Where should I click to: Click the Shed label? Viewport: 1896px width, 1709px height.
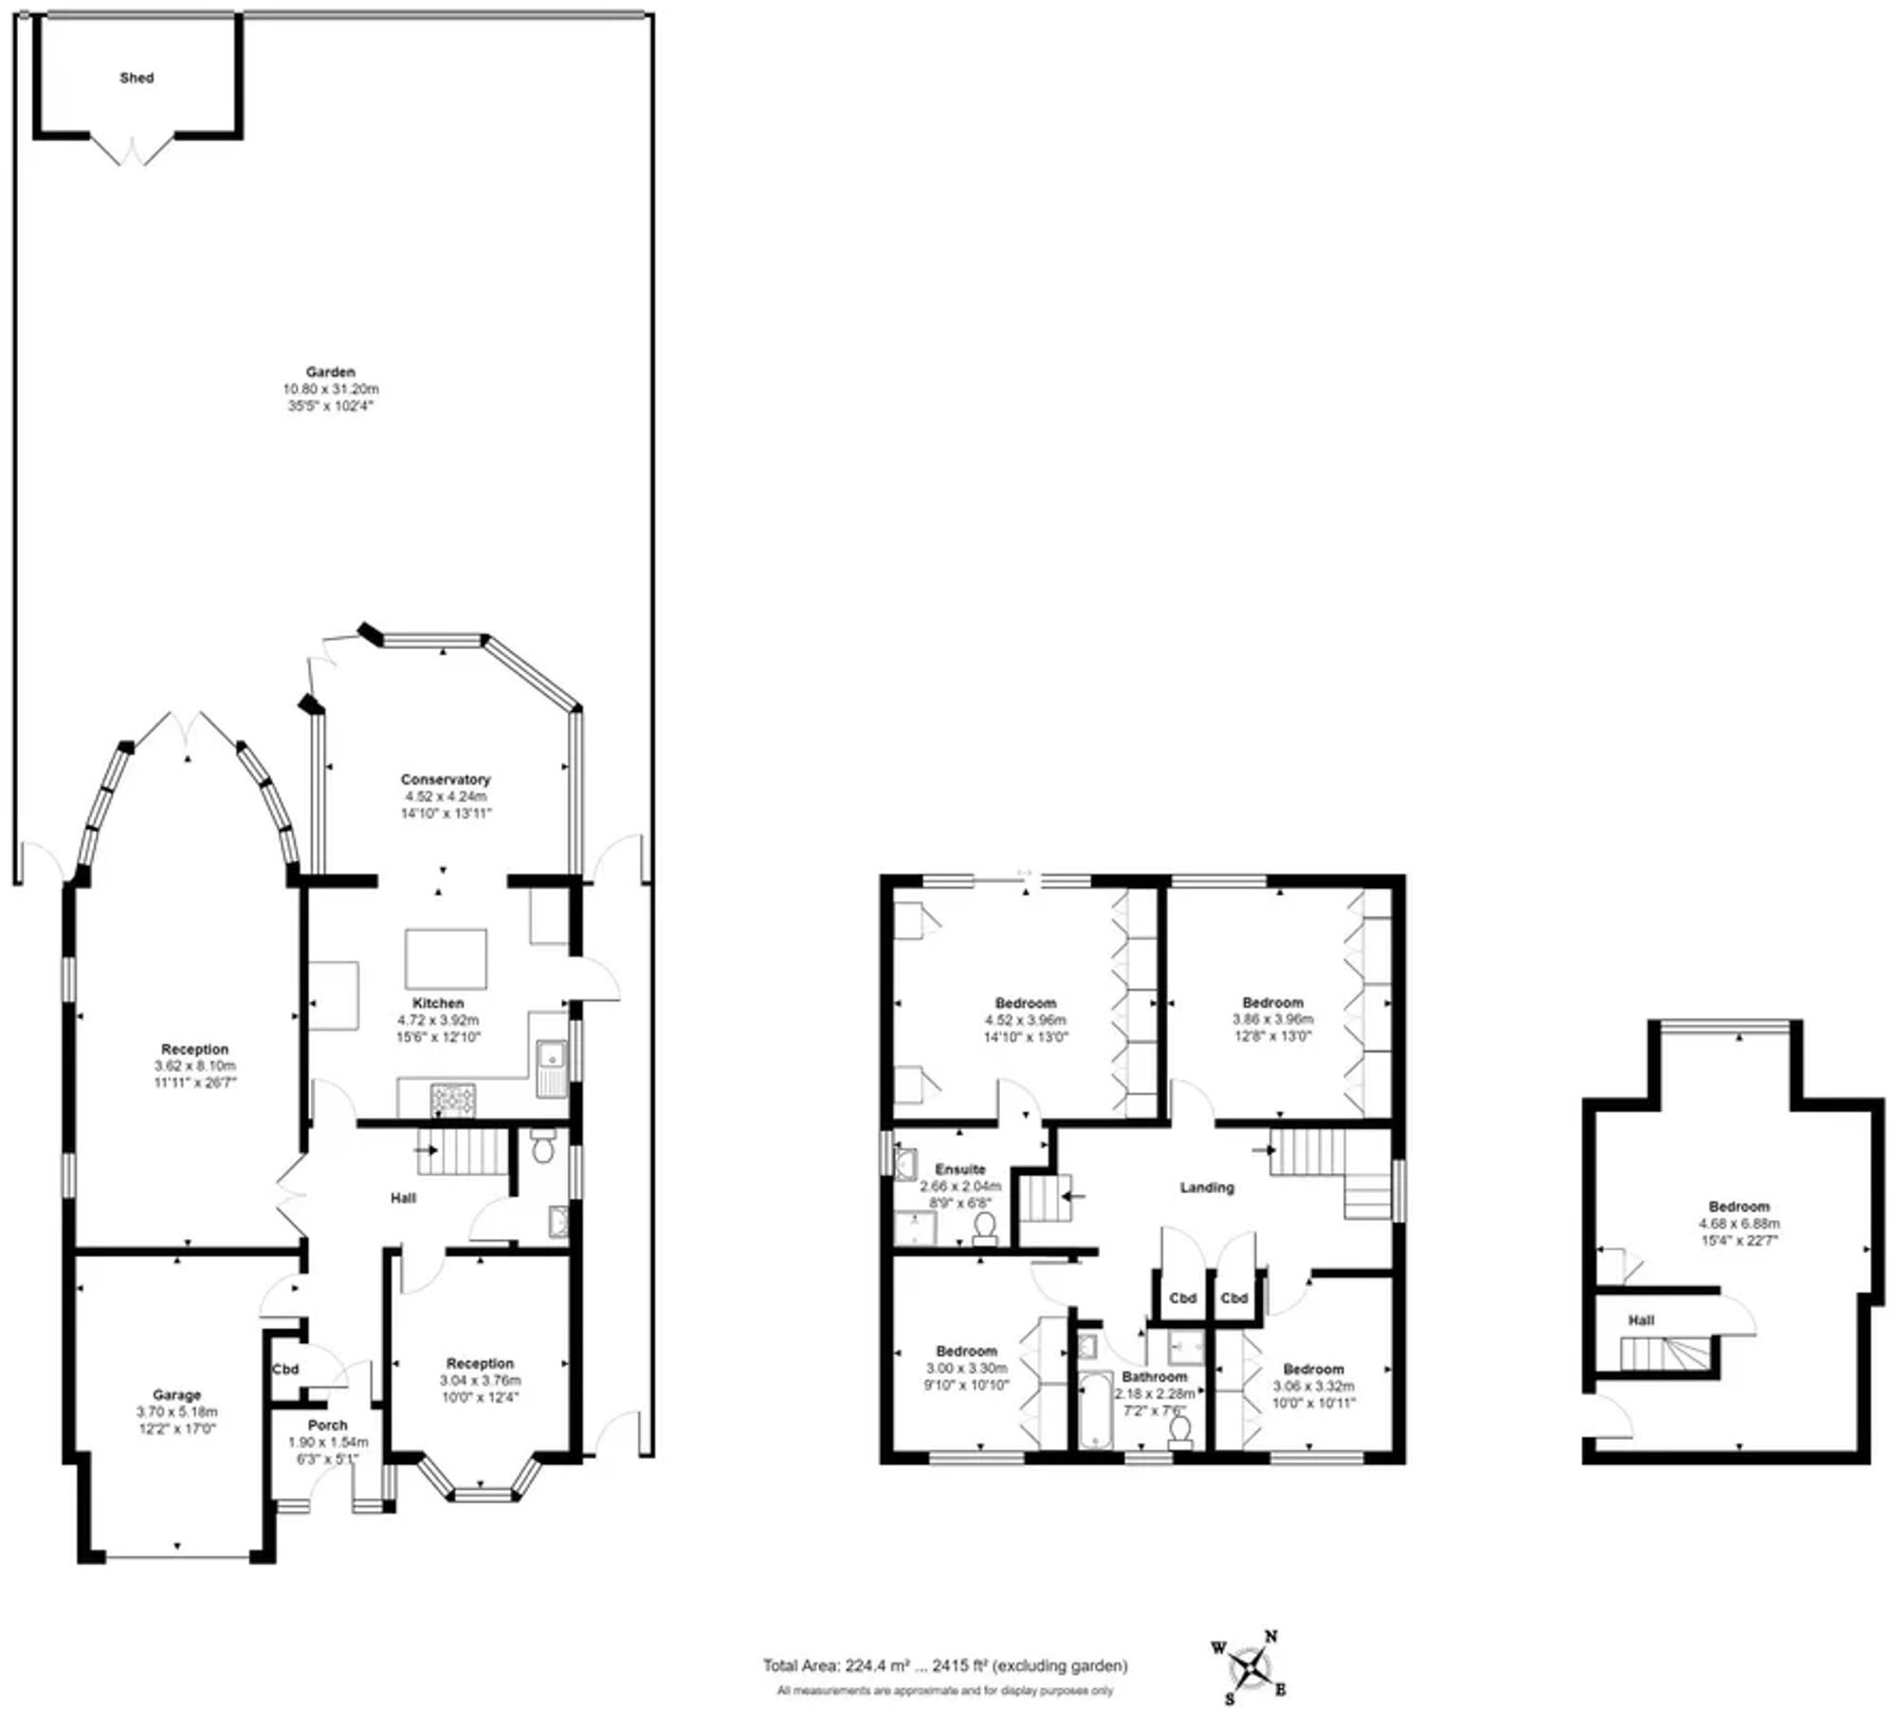point(137,78)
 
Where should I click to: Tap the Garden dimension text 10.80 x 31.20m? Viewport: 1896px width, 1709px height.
point(330,389)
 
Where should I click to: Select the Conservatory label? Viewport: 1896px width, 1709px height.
point(445,779)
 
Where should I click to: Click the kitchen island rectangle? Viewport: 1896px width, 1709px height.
point(446,959)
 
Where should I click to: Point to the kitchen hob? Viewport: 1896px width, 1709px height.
point(454,1100)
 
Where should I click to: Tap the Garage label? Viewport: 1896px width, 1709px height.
point(176,1394)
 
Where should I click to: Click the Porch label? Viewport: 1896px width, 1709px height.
point(327,1425)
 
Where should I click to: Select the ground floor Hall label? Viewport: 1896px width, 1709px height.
point(403,1198)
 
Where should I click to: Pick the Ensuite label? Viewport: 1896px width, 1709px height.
point(959,1169)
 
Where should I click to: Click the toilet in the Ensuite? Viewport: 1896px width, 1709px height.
point(984,1227)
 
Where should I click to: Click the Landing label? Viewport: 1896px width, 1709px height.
point(1206,1187)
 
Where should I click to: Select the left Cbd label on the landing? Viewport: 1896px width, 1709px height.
point(1182,1298)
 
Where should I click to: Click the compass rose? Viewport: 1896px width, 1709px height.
point(1251,1667)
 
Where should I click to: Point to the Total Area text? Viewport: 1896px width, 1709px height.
point(944,1665)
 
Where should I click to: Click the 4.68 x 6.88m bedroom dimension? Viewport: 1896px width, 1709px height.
point(1739,1223)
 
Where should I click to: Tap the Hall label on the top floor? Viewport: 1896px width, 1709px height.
point(1641,1319)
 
